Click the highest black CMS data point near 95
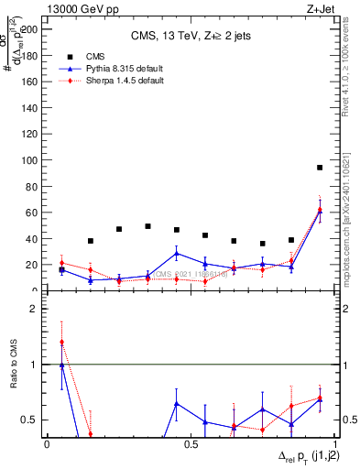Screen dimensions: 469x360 [x=320, y=168]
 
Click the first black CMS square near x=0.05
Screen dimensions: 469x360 [x=61, y=270]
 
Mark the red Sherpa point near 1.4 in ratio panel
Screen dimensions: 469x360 [x=61, y=342]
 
